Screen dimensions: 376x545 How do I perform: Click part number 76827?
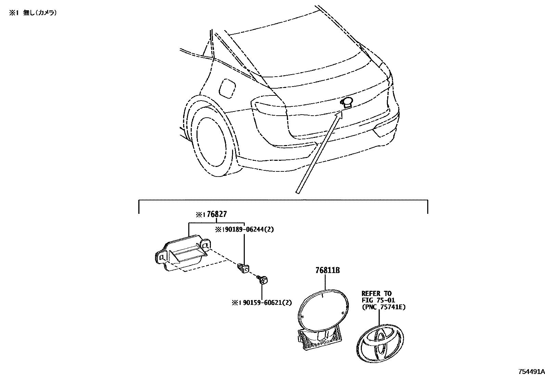217,215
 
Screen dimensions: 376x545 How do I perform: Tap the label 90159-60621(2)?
266,302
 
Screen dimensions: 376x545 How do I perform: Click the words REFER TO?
376,293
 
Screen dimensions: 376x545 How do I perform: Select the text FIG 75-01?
378,300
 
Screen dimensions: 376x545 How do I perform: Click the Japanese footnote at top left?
33,13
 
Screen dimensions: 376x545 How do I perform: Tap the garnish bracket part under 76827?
183,252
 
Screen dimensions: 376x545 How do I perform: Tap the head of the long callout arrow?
339,115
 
